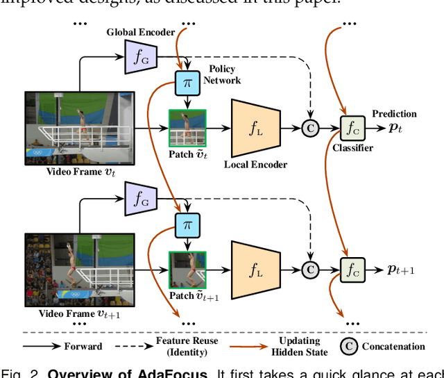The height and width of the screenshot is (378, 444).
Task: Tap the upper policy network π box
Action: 187,82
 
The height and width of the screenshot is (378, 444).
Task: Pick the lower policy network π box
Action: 187,225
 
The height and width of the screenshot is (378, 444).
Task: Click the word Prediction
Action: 394,113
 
